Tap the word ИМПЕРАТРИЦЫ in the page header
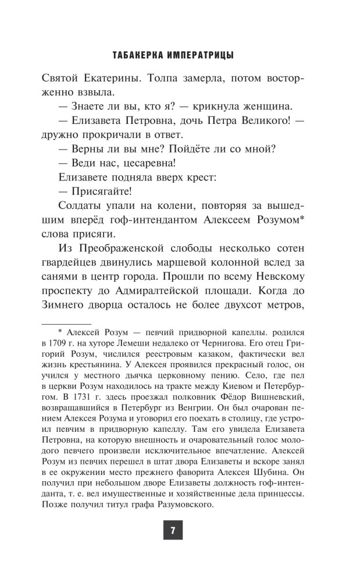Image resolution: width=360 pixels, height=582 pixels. [x=200, y=56]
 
